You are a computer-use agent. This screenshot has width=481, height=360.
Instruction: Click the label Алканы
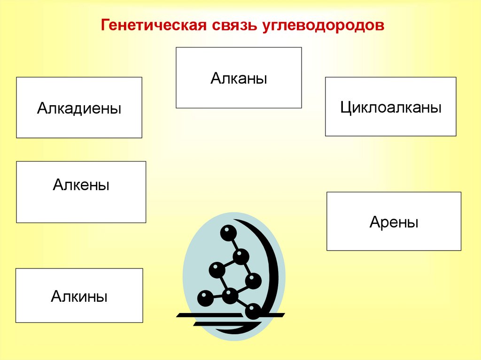pos(239,78)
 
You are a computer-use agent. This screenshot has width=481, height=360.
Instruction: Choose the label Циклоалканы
pos(391,107)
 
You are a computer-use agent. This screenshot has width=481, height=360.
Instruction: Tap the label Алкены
pos(81,184)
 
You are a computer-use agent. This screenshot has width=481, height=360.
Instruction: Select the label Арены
pos(394,222)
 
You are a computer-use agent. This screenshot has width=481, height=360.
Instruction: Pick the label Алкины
pos(79,296)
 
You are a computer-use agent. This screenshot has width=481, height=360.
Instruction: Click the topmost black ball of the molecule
pos(228,232)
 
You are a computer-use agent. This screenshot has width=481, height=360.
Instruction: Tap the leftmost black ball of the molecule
pos(205,298)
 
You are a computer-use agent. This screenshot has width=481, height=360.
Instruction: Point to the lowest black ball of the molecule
pos(253,310)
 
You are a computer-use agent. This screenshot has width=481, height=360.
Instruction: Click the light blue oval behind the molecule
pos(197,263)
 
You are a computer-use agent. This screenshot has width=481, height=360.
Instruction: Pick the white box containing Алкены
pos(81,207)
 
